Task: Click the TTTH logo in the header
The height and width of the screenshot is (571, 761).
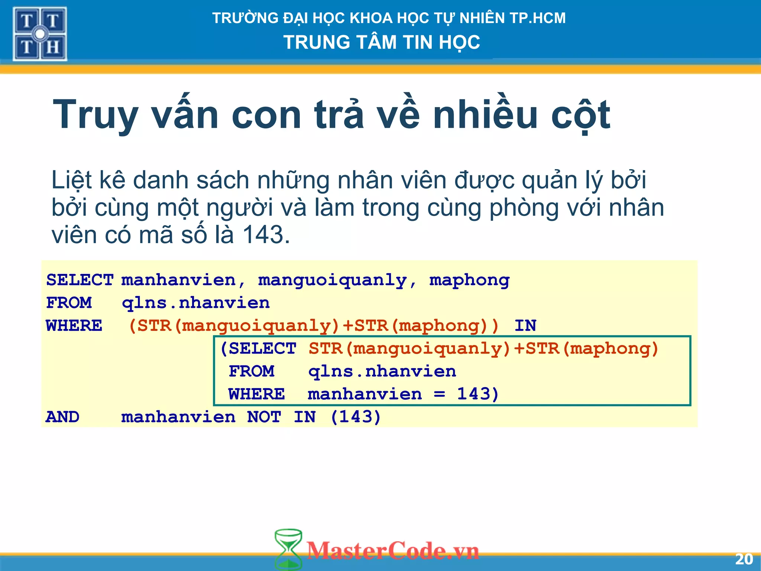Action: pyautogui.click(x=40, y=34)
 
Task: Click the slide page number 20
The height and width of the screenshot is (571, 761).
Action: pyautogui.click(x=744, y=559)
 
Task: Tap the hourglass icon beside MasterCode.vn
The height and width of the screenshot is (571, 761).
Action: pyautogui.click(x=288, y=549)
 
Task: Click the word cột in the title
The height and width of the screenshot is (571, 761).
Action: pyautogui.click(x=580, y=115)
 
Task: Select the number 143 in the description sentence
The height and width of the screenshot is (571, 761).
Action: pyautogui.click(x=266, y=235)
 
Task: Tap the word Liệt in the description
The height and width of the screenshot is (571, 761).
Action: pyautogui.click(x=71, y=180)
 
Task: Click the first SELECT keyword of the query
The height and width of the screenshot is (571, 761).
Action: pyautogui.click(x=80, y=280)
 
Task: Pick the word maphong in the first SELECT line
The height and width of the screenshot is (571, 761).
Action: pyautogui.click(x=469, y=280)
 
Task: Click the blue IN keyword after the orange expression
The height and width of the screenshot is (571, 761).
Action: pyautogui.click(x=525, y=326)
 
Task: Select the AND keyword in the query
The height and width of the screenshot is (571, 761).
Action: pyautogui.click(x=62, y=417)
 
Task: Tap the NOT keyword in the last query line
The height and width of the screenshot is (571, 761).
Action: pyautogui.click(x=264, y=417)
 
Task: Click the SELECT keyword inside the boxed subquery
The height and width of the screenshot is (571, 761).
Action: pyautogui.click(x=262, y=349)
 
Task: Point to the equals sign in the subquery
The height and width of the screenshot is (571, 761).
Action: pyautogui.click(x=439, y=394)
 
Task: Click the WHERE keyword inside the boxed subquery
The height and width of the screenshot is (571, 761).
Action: pyautogui.click(x=256, y=394)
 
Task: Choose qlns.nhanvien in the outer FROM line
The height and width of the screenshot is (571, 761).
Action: pyautogui.click(x=196, y=303)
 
